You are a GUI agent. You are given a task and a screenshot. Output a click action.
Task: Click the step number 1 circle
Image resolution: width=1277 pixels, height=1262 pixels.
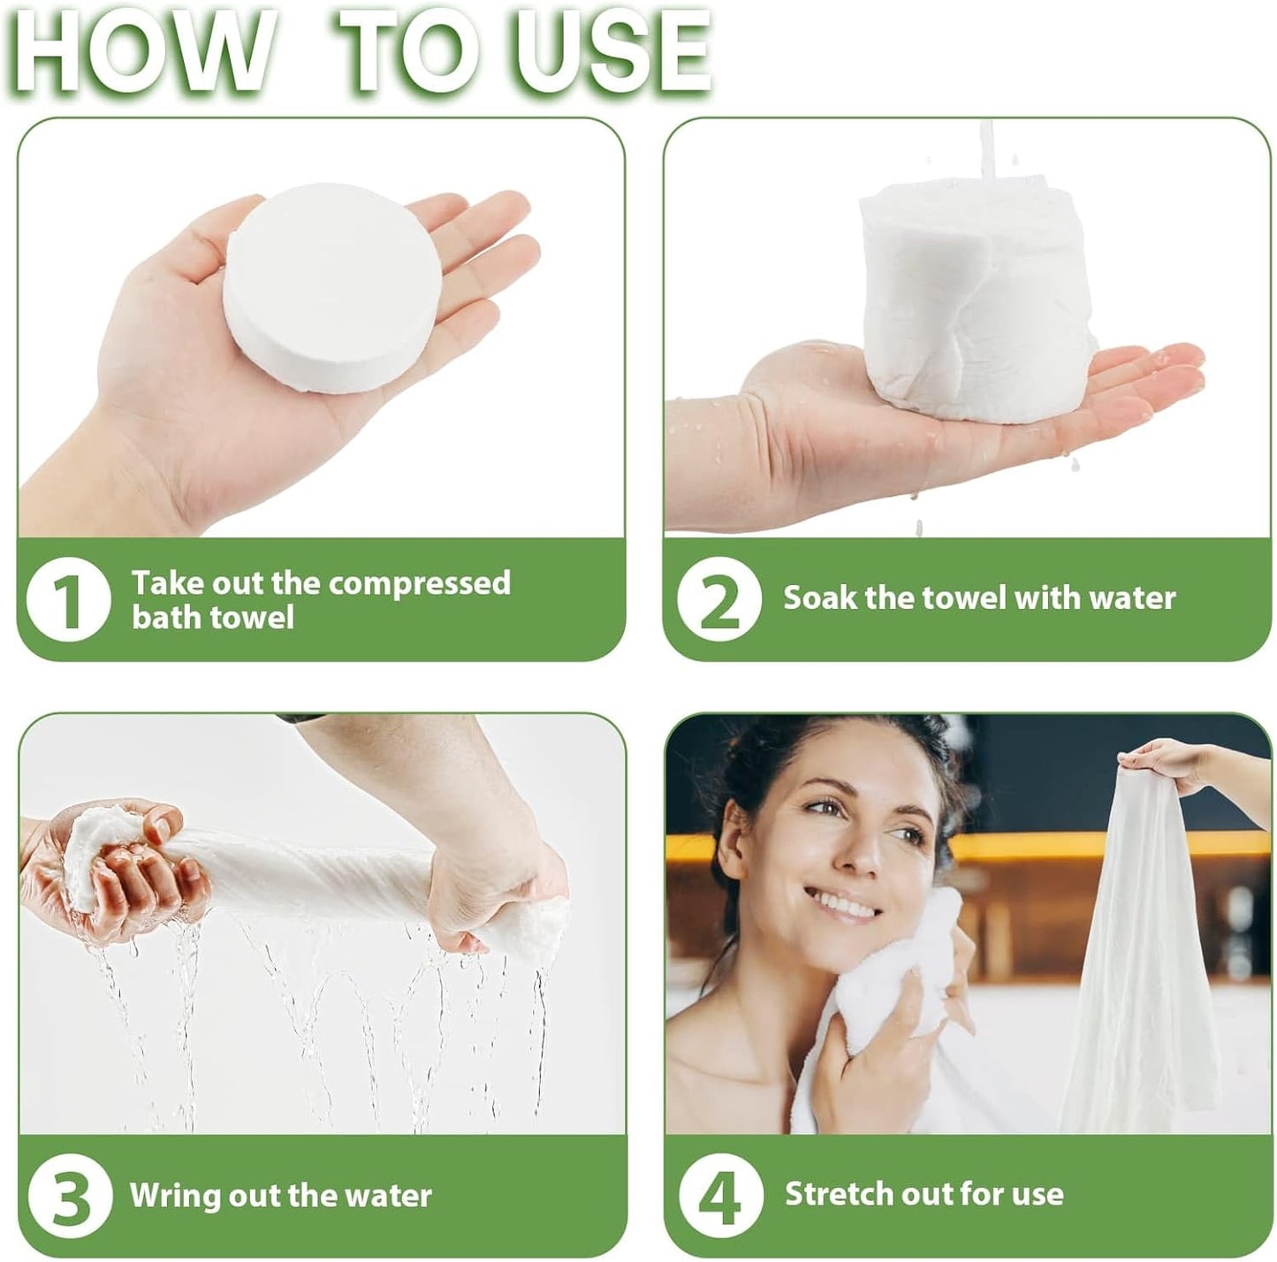click(x=68, y=600)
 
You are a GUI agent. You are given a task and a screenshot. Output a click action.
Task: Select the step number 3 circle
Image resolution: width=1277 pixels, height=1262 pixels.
click(x=70, y=1197)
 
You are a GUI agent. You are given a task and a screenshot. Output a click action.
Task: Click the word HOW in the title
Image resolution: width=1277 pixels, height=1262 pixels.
click(x=141, y=51)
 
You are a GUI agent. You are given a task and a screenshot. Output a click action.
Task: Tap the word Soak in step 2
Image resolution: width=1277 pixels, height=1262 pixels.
click(x=820, y=598)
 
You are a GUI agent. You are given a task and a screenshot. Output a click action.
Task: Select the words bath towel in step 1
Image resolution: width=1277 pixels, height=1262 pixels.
click(x=212, y=617)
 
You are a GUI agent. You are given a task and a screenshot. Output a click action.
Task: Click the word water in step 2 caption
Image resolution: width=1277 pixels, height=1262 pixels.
click(x=1132, y=598)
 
